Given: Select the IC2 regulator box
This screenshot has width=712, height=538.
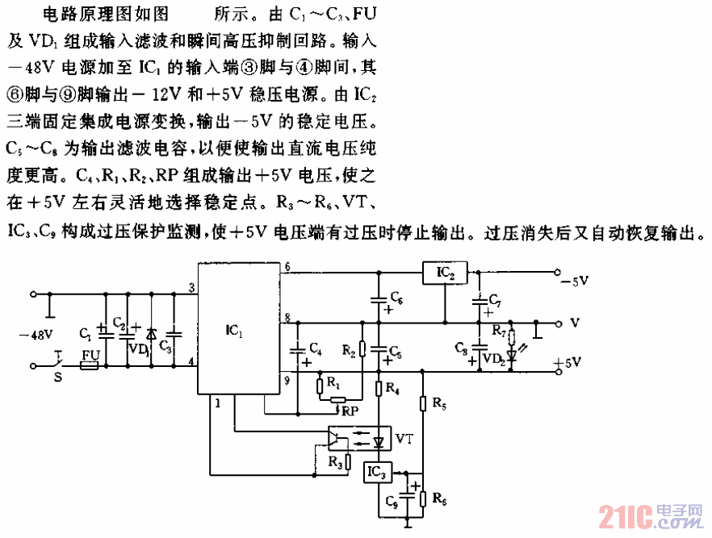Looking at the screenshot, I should point(445,274).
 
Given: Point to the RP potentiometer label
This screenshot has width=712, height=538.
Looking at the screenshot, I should point(350,411).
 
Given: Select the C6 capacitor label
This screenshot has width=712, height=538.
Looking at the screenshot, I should point(396,298).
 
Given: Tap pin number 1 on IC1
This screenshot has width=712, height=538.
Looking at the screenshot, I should point(216,403).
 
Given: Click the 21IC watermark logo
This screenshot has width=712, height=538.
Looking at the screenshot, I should point(652,516).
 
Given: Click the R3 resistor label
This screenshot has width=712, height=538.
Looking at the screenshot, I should point(333,462).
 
